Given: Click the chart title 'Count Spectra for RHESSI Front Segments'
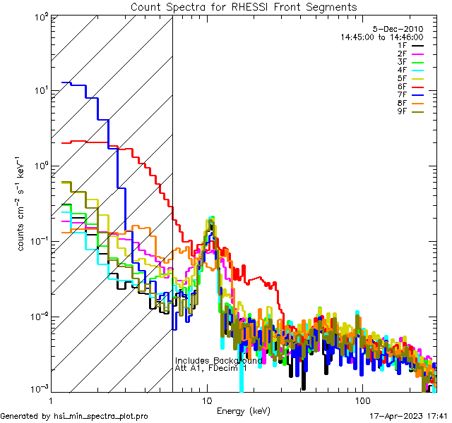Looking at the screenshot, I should [244, 6].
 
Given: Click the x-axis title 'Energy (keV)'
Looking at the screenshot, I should [243, 410].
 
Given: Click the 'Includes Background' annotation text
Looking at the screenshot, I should [218, 360].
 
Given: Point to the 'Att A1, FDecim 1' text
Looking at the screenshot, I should [210, 368].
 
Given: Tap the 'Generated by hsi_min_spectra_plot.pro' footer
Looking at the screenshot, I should [74, 416].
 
